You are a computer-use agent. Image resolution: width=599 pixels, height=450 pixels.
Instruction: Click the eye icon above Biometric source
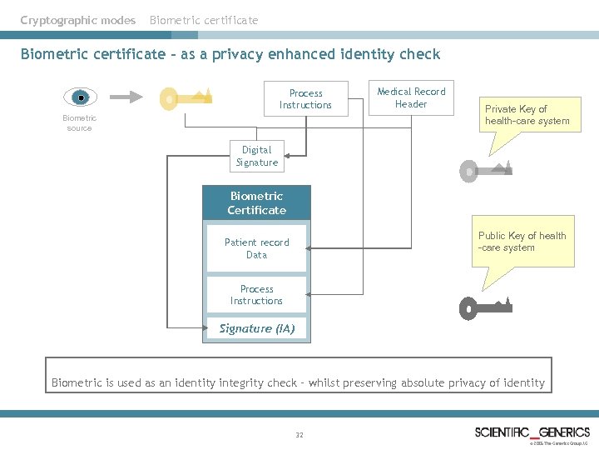[x=80, y=97]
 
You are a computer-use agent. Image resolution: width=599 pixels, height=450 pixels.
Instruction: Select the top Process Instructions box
[x=305, y=99]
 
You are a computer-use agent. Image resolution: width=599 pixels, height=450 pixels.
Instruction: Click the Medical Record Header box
[x=411, y=97]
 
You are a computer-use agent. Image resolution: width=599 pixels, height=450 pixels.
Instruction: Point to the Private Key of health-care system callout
[x=527, y=115]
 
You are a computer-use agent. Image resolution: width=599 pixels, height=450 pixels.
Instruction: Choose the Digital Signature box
[x=256, y=156]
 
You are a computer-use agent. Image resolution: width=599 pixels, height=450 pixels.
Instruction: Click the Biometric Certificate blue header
[x=256, y=203]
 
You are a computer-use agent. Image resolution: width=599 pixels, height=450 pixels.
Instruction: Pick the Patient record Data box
[x=256, y=248]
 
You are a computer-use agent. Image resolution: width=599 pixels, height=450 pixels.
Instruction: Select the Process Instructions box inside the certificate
[x=256, y=295]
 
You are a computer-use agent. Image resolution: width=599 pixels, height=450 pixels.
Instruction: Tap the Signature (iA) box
[x=256, y=328]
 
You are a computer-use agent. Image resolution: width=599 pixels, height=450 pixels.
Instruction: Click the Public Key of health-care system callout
[x=522, y=242]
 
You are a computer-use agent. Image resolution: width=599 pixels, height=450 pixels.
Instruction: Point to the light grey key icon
[x=487, y=171]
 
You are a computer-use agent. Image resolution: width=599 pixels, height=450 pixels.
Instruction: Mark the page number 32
[x=299, y=434]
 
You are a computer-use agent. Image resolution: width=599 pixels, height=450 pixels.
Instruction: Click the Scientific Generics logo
[x=532, y=432]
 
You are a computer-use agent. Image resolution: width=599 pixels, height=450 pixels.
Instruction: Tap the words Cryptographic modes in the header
[x=78, y=20]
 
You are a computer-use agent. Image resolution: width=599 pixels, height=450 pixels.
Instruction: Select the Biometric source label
[x=80, y=123]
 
